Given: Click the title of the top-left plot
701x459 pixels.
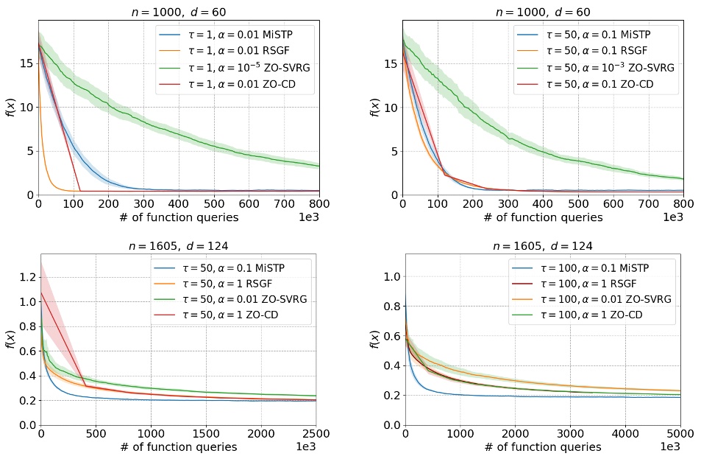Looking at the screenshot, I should [x=179, y=11].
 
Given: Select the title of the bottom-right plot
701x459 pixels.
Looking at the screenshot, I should [x=542, y=245].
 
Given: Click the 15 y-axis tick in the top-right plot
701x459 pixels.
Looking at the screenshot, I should [x=388, y=63].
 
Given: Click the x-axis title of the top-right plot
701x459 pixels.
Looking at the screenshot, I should [x=543, y=217].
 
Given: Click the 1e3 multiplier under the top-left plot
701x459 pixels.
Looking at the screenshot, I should [x=309, y=219].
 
